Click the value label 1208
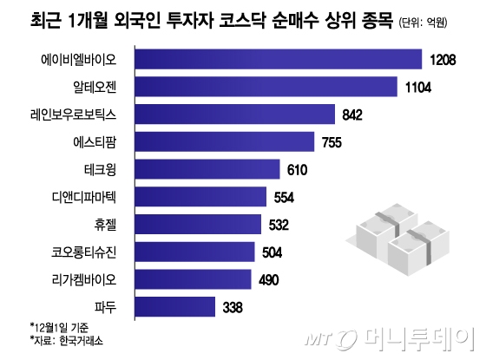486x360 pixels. tap(443, 60)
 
